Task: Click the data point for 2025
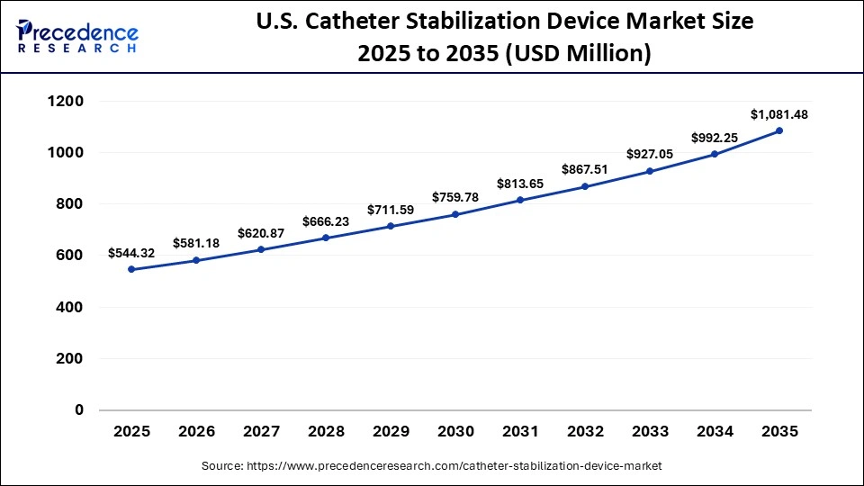pyautogui.click(x=131, y=269)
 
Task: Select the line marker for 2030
pyautogui.click(x=455, y=214)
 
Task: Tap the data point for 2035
pyautogui.click(x=779, y=130)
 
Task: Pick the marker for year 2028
pyautogui.click(x=326, y=238)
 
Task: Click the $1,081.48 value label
pyautogui.click(x=779, y=114)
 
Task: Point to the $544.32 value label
pyautogui.click(x=131, y=253)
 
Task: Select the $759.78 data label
pyautogui.click(x=455, y=197)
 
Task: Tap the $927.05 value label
pyautogui.click(x=650, y=154)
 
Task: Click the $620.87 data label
pyautogui.click(x=261, y=233)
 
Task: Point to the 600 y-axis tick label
pyautogui.click(x=70, y=256)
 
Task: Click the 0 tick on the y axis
pyautogui.click(x=78, y=410)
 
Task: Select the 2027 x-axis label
pyautogui.click(x=261, y=432)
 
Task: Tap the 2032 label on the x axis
pyautogui.click(x=585, y=432)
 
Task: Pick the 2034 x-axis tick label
pyautogui.click(x=715, y=432)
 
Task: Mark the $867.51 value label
pyautogui.click(x=585, y=169)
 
